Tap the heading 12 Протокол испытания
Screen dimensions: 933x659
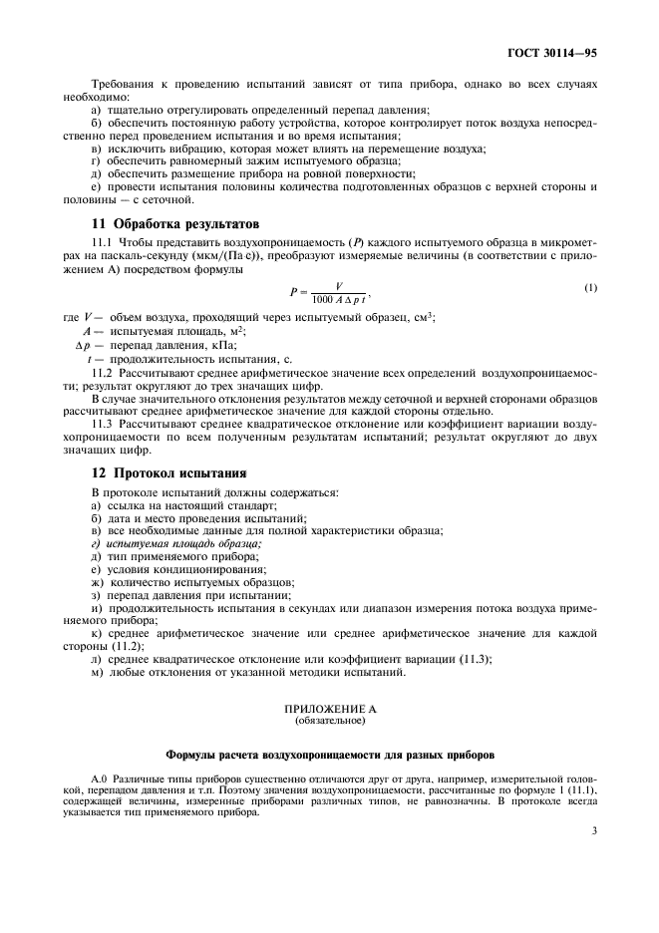168,471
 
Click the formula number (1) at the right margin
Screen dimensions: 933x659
590,288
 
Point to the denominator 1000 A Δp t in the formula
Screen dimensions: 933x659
338,298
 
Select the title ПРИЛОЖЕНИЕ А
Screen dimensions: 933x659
328,707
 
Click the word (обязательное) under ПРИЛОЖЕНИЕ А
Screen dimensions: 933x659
328,718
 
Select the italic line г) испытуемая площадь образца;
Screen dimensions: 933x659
175,543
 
